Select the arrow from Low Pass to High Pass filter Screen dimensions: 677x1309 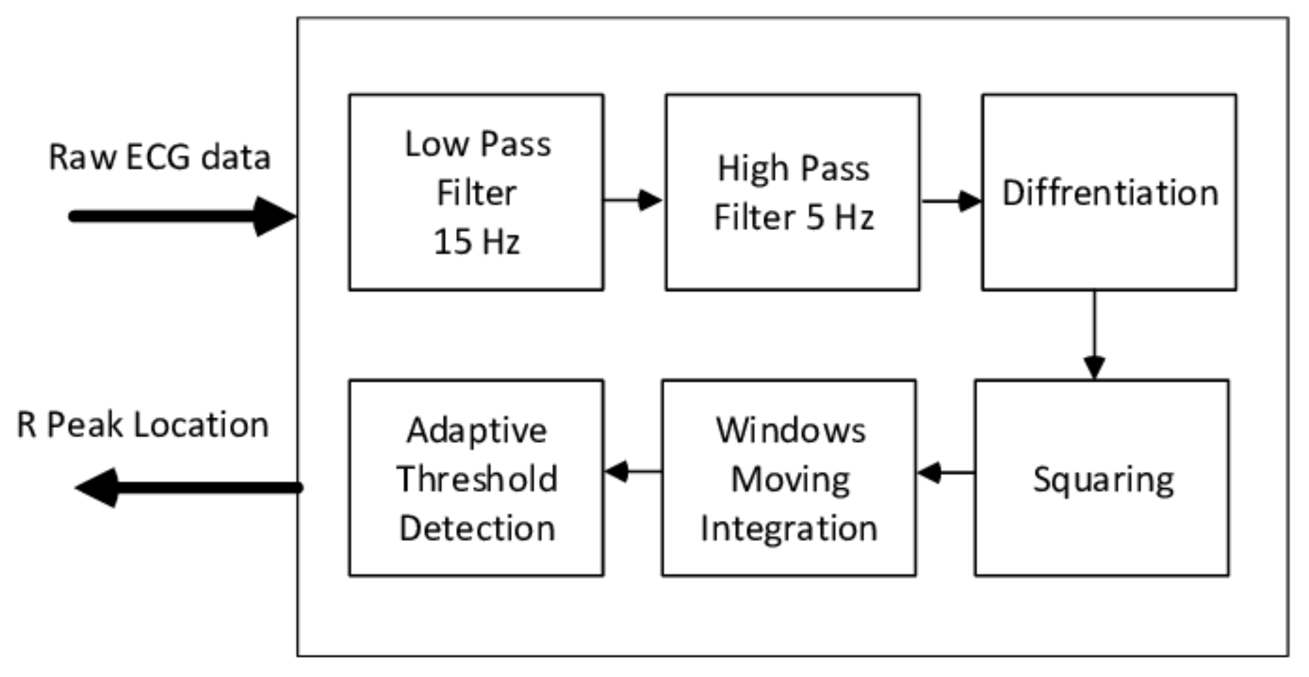point(633,200)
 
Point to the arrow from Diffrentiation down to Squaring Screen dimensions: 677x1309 point(1094,336)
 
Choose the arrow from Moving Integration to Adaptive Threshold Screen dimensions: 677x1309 point(632,471)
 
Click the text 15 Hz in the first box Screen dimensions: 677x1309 point(477,242)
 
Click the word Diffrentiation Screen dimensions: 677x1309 point(1110,193)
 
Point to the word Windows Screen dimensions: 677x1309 point(790,430)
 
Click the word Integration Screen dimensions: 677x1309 point(789,528)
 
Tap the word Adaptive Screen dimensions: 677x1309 point(477,431)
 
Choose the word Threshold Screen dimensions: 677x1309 point(477,479)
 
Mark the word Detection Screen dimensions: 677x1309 point(477,528)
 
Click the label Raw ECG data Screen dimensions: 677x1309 point(160,157)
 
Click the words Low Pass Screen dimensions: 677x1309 point(478,144)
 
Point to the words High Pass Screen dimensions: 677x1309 point(793,169)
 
